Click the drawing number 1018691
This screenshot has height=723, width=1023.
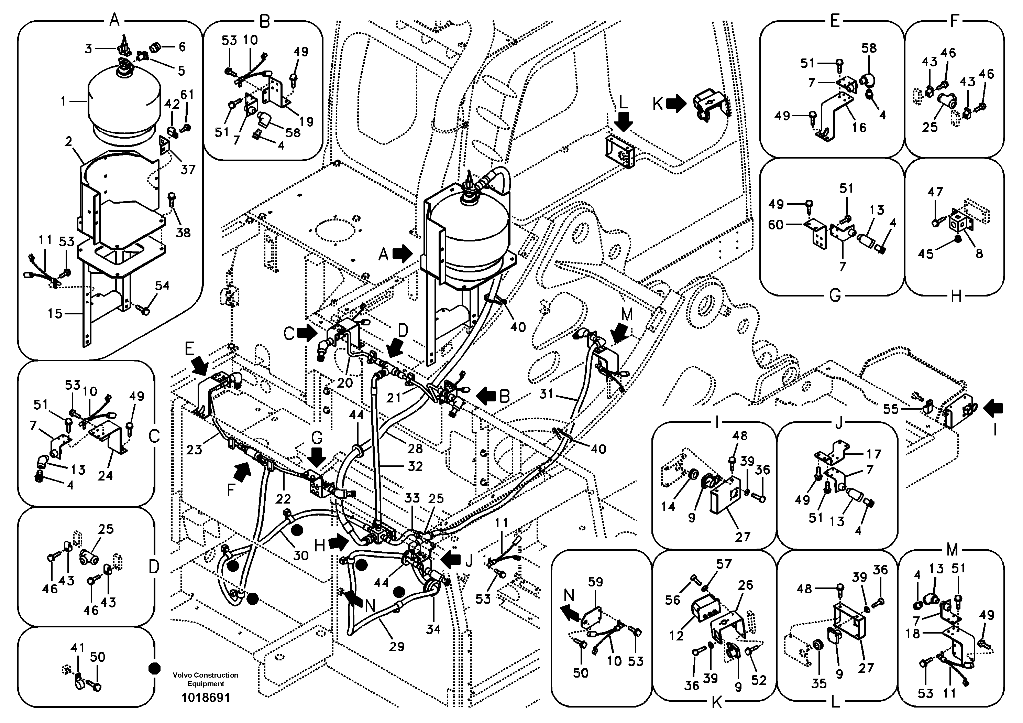pos(206,697)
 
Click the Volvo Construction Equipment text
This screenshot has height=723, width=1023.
pos(206,679)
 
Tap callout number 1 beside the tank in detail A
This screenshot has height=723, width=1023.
pos(63,101)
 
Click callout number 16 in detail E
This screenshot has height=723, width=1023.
pos(859,128)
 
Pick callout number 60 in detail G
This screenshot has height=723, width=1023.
pos(776,224)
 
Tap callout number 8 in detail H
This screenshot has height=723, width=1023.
pos(979,253)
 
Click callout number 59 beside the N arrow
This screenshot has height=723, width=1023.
pos(595,582)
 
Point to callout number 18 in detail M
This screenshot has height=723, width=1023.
pos(913,633)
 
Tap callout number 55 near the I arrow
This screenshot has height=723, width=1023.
pos(891,409)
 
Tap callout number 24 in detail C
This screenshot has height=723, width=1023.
pos(105,476)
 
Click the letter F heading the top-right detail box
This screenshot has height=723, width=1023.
pos(954,21)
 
